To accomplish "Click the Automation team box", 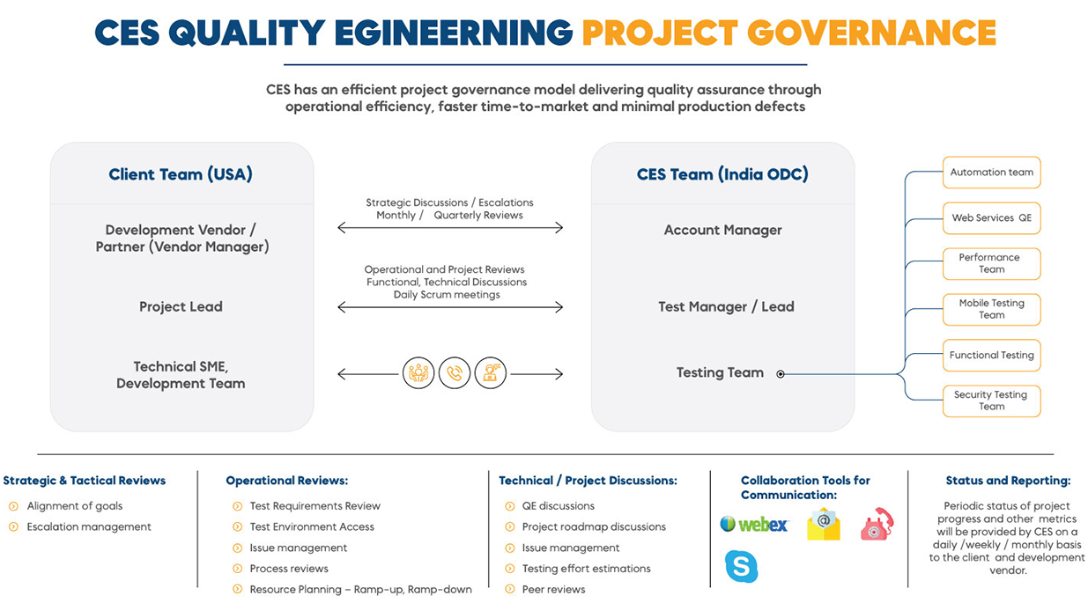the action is click(991, 173).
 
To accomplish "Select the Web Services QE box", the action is click(991, 218).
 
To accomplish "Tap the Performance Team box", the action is click(991, 263).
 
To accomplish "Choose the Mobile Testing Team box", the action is click(991, 309).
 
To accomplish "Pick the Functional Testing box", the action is click(991, 355).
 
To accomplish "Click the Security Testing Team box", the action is click(991, 401).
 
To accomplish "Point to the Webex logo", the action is click(754, 525).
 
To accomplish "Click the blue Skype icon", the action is click(741, 566).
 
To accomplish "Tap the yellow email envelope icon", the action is click(824, 524).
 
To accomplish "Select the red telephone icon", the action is click(877, 524).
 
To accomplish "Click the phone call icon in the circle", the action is click(455, 373).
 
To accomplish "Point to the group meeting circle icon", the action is click(418, 373).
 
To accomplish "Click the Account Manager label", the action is click(722, 230).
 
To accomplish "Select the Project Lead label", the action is click(181, 306).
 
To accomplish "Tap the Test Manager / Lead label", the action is click(726, 306).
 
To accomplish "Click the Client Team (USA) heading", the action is click(181, 173).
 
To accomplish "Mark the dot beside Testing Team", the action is click(780, 374).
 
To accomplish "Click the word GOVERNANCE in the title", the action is click(871, 33).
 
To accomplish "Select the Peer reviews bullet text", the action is click(553, 589).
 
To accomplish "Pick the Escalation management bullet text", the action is click(89, 526).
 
